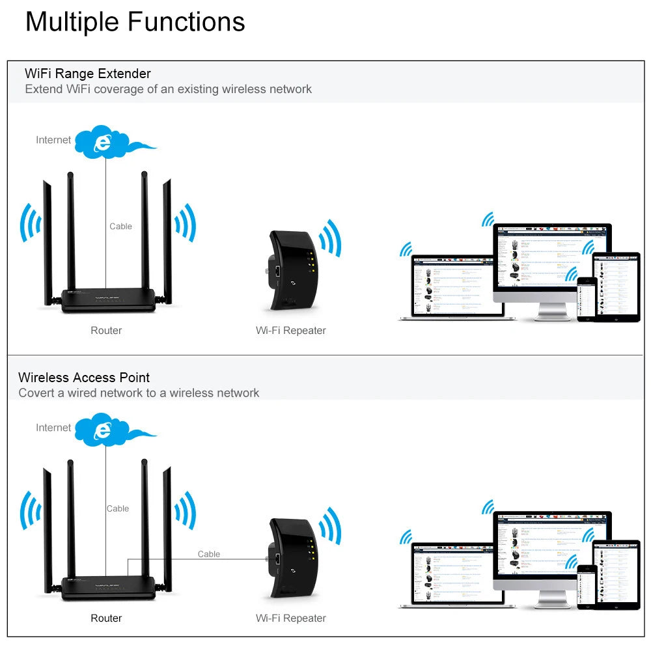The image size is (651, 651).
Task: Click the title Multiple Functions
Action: [135, 21]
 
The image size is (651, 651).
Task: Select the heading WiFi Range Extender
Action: [87, 74]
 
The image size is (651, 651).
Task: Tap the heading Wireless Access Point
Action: [84, 378]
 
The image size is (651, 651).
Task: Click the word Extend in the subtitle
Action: [44, 89]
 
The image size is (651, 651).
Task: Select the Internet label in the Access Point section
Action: [53, 428]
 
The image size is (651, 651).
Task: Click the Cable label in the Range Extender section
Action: [120, 227]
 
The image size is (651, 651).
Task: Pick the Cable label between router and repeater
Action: [209, 554]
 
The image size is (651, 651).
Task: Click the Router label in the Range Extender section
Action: [106, 331]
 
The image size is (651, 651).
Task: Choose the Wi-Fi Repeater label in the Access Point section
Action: [290, 618]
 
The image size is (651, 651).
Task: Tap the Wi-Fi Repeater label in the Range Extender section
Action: [290, 331]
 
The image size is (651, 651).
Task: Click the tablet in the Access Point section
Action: [616, 573]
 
